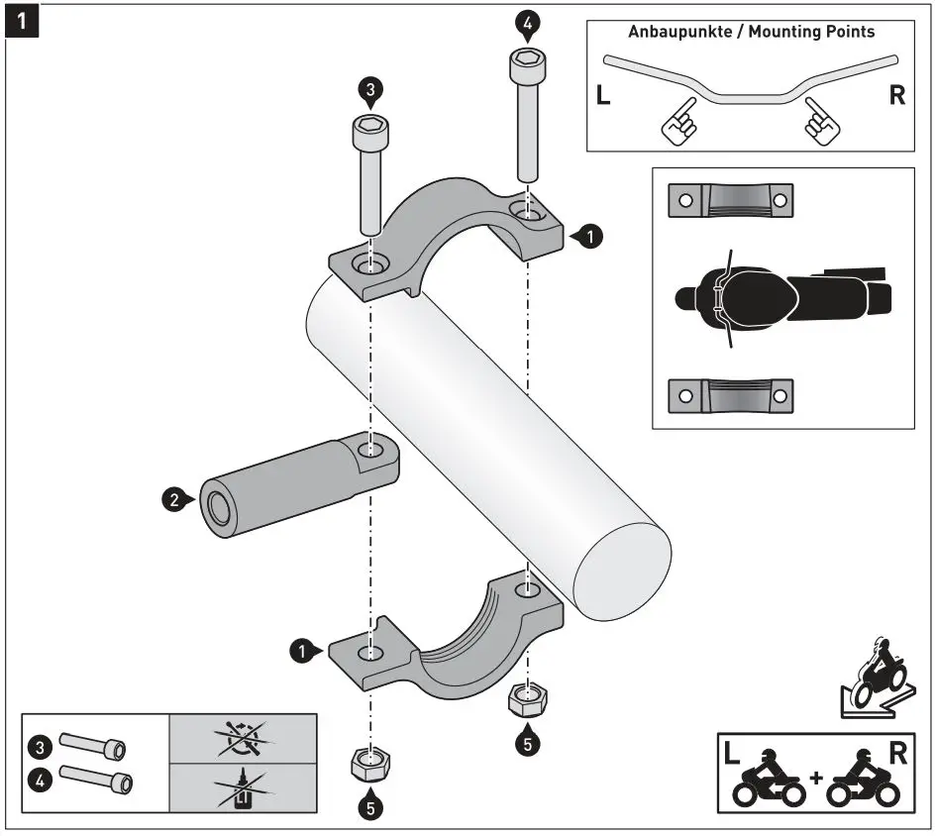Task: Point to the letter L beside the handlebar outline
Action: coord(604,96)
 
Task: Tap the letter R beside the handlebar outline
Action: coord(897,96)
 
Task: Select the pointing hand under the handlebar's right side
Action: coord(822,122)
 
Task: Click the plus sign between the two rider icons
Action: coord(815,777)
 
